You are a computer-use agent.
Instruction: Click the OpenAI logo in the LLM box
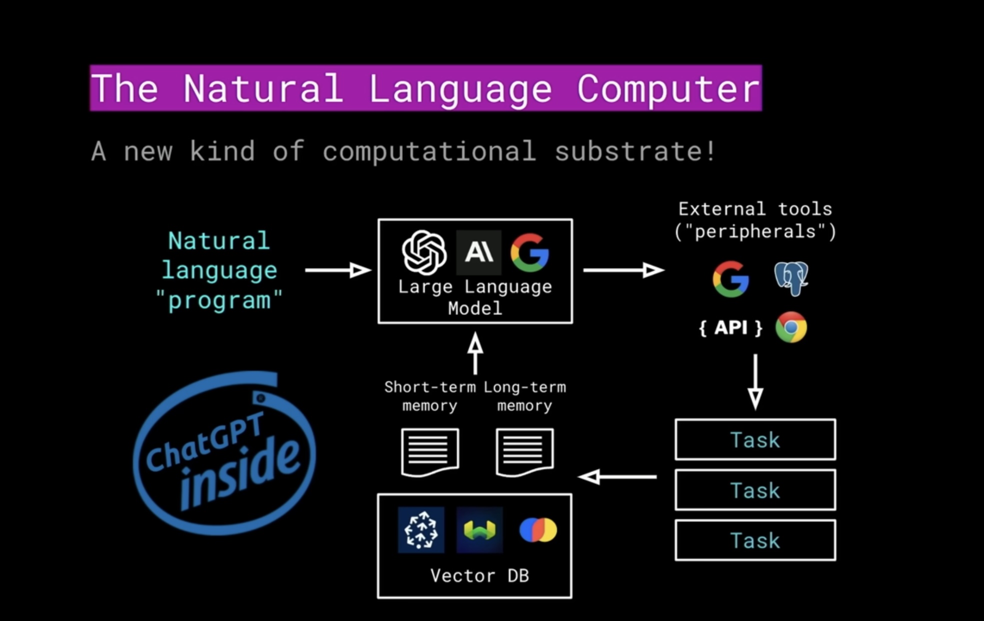tap(424, 252)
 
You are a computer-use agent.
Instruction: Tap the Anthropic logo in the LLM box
tap(479, 252)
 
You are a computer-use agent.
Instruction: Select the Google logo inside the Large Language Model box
tap(530, 252)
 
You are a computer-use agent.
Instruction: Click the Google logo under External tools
tap(731, 279)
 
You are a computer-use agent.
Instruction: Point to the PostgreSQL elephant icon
tap(791, 278)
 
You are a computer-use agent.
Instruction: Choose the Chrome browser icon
tap(791, 327)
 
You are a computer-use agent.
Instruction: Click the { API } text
tap(731, 328)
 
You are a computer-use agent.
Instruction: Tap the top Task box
tap(755, 440)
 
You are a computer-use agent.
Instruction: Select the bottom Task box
tap(755, 540)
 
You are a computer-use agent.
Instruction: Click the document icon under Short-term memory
tap(430, 451)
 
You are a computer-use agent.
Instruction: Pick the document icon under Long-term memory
tap(525, 451)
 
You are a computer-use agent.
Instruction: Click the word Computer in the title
tap(668, 89)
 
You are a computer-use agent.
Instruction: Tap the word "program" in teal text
tap(219, 300)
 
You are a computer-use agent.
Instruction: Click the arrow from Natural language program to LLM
tap(338, 270)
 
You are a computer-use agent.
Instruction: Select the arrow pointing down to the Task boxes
tap(755, 382)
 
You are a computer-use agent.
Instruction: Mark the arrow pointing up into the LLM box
tap(475, 354)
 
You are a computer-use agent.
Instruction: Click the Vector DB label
tap(479, 576)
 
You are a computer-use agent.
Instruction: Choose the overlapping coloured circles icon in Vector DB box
tap(538, 530)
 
